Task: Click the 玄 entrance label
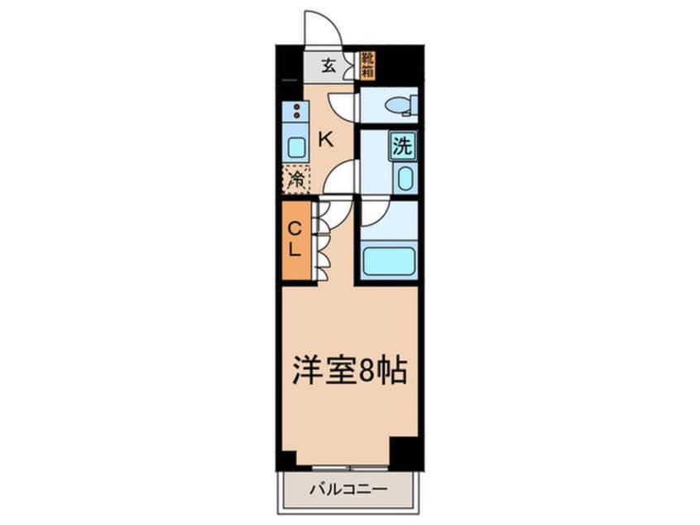328,66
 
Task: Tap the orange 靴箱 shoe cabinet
367,66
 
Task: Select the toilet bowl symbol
400,106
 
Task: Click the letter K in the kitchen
326,140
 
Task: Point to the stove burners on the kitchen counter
295,111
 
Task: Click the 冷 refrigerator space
295,179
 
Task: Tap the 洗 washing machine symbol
403,146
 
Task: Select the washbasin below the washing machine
405,178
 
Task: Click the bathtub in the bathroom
389,261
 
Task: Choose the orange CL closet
296,241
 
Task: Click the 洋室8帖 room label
349,371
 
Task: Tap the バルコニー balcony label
348,489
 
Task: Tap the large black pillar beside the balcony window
404,453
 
